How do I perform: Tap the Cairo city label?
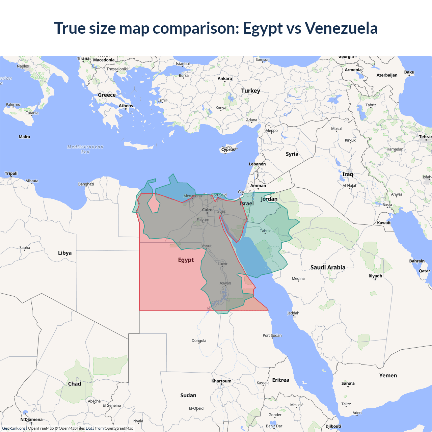(207, 210)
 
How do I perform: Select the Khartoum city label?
(221, 381)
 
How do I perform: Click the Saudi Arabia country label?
(328, 267)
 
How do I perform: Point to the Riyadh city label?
(375, 276)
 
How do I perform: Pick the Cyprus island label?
(228, 150)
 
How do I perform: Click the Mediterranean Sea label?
(85, 149)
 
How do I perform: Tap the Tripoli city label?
(11, 173)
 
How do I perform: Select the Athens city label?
(126, 106)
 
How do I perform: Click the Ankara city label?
(225, 79)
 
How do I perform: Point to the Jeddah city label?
(293, 313)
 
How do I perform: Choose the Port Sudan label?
(272, 335)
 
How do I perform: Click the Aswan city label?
(225, 283)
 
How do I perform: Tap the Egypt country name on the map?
(186, 260)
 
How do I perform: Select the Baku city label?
(409, 72)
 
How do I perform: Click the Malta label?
(24, 137)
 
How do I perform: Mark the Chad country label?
(75, 384)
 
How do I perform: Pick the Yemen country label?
(388, 375)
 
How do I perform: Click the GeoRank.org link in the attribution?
(13, 428)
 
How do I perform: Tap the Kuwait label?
(384, 223)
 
